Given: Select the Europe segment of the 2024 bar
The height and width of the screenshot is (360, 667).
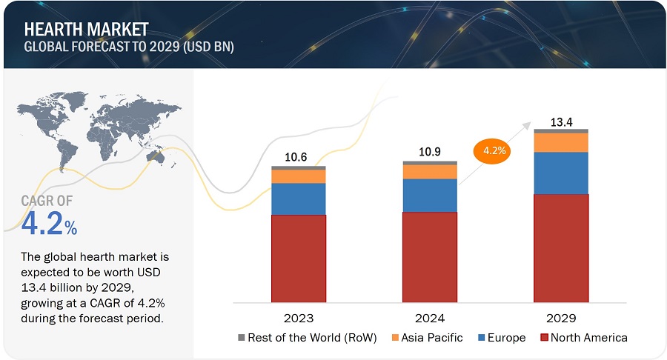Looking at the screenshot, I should coord(430,196).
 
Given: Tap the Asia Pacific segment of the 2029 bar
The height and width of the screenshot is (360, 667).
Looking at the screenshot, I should coord(561,142).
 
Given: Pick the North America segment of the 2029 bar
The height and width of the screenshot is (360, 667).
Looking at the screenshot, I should coord(561,248).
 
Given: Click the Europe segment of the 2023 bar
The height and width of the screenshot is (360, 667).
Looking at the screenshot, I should coord(298,199).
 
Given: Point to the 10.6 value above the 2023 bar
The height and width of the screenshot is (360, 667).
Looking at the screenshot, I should coord(298,157).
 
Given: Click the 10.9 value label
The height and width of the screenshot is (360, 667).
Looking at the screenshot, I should coord(430,151).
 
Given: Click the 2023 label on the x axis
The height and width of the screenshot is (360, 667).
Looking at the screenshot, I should coord(298,317).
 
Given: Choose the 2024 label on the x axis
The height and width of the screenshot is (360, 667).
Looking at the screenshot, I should coord(430,317).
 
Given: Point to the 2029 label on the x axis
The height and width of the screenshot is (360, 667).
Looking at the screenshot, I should coord(561,317).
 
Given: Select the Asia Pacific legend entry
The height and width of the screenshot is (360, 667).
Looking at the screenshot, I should coord(431,338).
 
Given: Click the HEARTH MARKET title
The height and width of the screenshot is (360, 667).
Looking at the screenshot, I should coord(86,30).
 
